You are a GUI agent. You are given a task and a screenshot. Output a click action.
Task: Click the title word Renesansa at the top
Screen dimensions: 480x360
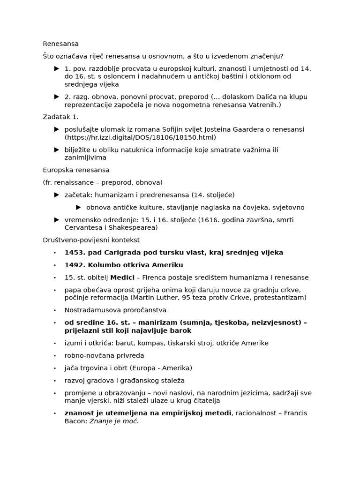[x=61, y=44]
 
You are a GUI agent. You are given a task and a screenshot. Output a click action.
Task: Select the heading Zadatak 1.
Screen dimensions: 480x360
[x=60, y=117]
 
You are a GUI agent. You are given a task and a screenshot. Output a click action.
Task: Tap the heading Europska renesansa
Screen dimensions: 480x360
[x=76, y=170]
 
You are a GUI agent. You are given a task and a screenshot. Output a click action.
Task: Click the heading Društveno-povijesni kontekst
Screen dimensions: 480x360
[x=91, y=240]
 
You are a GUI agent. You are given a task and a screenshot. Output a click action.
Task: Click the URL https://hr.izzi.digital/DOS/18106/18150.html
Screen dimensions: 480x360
[x=140, y=137]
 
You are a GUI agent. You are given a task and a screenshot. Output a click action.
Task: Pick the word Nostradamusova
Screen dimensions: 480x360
[x=91, y=310]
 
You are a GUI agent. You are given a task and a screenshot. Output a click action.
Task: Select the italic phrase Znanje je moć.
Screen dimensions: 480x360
[x=114, y=421]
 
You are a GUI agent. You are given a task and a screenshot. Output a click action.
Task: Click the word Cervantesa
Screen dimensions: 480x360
[x=83, y=228]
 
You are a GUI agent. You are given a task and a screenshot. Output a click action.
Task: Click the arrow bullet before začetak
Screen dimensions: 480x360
[x=57, y=195]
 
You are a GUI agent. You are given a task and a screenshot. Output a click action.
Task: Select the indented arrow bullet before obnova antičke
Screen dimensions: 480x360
[x=78, y=207]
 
